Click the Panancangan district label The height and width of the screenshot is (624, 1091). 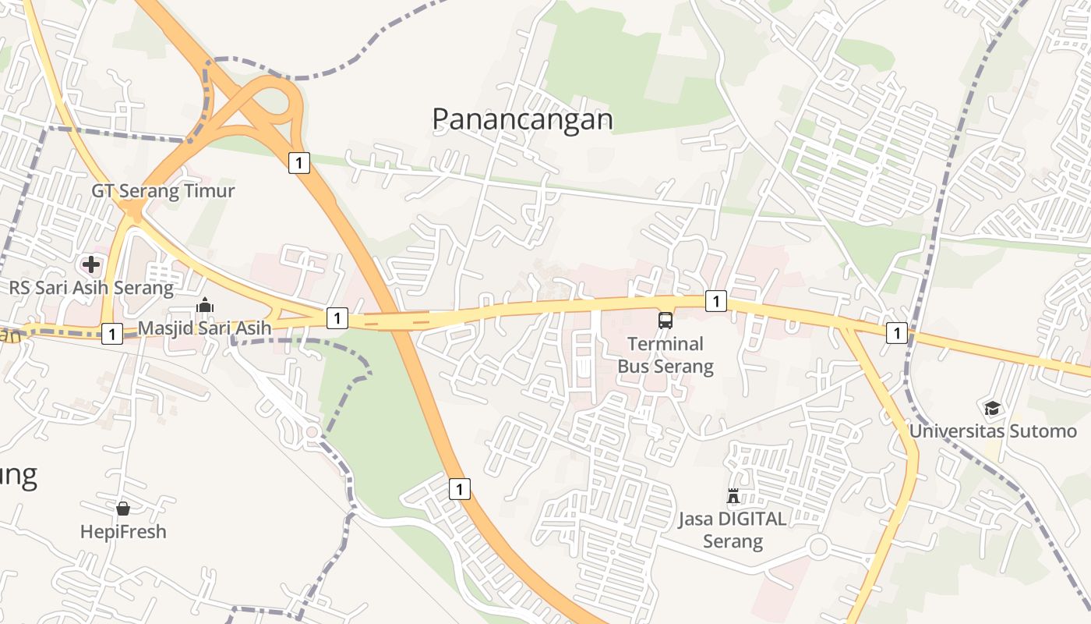(522, 119)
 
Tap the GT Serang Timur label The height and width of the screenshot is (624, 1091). (163, 191)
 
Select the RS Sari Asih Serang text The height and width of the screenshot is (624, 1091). (91, 288)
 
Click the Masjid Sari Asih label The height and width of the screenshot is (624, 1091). (204, 328)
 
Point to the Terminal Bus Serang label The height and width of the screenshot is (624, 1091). (666, 355)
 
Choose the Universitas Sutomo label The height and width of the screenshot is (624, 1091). (993, 431)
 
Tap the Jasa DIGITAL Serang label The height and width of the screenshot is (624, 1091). (733, 530)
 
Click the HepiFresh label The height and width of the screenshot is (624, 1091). (123, 532)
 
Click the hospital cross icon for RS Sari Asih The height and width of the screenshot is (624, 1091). (91, 264)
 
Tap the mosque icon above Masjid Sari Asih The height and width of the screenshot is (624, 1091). (205, 305)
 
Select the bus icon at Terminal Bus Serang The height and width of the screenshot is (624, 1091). (666, 320)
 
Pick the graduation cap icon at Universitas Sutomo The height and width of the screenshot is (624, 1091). (992, 408)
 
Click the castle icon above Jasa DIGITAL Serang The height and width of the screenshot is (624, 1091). (733, 496)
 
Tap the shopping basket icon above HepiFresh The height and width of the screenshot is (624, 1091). (123, 509)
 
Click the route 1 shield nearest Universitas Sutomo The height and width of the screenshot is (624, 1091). (897, 333)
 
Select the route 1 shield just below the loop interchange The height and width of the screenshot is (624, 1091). (298, 163)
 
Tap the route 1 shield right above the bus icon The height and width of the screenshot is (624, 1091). (715, 301)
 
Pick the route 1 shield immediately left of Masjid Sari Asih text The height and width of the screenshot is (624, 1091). (112, 334)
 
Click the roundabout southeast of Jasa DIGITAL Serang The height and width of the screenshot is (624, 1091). (817, 547)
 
